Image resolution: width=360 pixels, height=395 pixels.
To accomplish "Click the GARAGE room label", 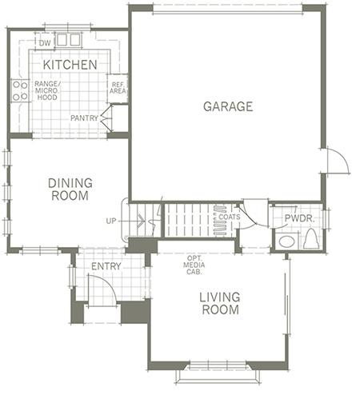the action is click(228, 106).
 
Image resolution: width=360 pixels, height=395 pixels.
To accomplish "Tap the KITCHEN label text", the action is click(70, 65).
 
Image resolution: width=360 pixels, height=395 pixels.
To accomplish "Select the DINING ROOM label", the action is click(70, 190).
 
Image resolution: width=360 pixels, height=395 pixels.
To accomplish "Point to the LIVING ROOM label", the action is click(220, 304).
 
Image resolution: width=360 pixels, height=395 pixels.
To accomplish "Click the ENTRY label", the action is click(106, 266).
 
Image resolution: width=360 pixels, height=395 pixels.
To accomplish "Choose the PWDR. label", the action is click(300, 218).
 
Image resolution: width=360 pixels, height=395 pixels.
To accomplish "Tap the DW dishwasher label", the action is click(45, 43).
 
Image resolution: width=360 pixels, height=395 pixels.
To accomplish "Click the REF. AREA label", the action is click(118, 88).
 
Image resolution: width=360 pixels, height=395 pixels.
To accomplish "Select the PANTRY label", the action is click(84, 118).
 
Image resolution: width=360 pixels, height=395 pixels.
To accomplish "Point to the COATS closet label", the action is click(230, 217).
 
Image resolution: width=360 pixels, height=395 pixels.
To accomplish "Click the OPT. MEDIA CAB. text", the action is click(194, 265).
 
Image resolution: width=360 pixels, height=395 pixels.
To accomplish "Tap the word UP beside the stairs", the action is click(111, 221).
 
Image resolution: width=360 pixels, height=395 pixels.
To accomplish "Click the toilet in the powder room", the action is click(311, 238).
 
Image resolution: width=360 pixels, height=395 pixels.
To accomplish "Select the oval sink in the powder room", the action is click(286, 241).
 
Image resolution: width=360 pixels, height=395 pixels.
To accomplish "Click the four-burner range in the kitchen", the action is click(20, 90).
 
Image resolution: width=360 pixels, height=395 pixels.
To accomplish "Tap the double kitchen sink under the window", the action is click(68, 40).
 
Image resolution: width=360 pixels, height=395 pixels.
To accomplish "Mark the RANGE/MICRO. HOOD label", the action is click(47, 90).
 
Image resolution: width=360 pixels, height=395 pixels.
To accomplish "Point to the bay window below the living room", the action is click(218, 373).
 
